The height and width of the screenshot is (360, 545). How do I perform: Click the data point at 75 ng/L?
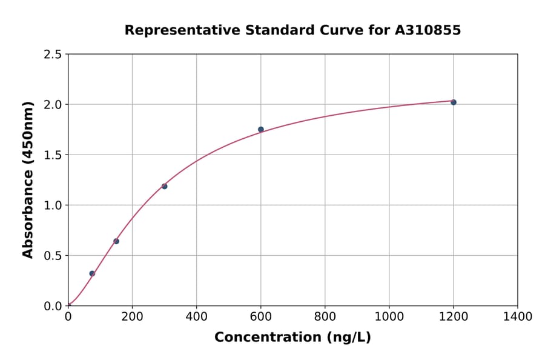pos(92,273)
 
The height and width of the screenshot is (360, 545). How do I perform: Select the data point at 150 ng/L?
pos(116,241)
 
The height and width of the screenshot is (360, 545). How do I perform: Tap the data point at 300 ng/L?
pos(164,186)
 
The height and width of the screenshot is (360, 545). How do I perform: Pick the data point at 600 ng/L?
pos(261,129)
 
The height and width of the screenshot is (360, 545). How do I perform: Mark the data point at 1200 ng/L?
pos(454,102)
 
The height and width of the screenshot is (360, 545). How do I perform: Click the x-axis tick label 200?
pos(132,317)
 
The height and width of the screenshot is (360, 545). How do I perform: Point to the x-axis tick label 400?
pos(196,317)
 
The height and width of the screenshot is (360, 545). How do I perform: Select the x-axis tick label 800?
pos(325,317)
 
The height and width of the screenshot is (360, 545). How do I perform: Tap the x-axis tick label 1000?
pos(389,317)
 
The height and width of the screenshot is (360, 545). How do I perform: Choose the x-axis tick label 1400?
pos(517,317)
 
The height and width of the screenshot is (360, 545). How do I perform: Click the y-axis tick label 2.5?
pos(53,55)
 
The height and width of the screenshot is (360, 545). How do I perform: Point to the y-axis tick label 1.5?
pos(53,155)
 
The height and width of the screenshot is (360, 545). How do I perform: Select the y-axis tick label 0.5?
pos(53,256)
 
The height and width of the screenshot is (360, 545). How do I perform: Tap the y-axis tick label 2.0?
pos(53,105)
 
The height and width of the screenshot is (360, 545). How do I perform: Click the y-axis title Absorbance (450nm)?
pos(28,180)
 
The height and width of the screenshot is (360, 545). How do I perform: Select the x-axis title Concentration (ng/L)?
pos(292,338)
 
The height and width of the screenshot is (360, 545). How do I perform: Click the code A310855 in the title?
pos(428,30)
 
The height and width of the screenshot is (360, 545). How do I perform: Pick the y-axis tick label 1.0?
pos(53,205)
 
